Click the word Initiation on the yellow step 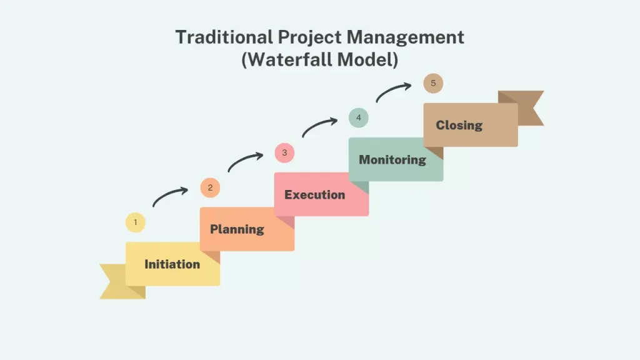(x=172, y=264)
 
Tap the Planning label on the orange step (x=236, y=229)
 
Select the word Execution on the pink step (x=314, y=195)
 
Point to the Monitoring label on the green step (x=392, y=160)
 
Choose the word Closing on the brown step (x=459, y=125)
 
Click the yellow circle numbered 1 (x=135, y=222)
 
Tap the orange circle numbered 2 (x=210, y=187)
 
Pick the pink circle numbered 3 (x=284, y=152)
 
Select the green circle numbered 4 (x=359, y=117)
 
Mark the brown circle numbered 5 (x=433, y=83)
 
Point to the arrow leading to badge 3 (x=244, y=160)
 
